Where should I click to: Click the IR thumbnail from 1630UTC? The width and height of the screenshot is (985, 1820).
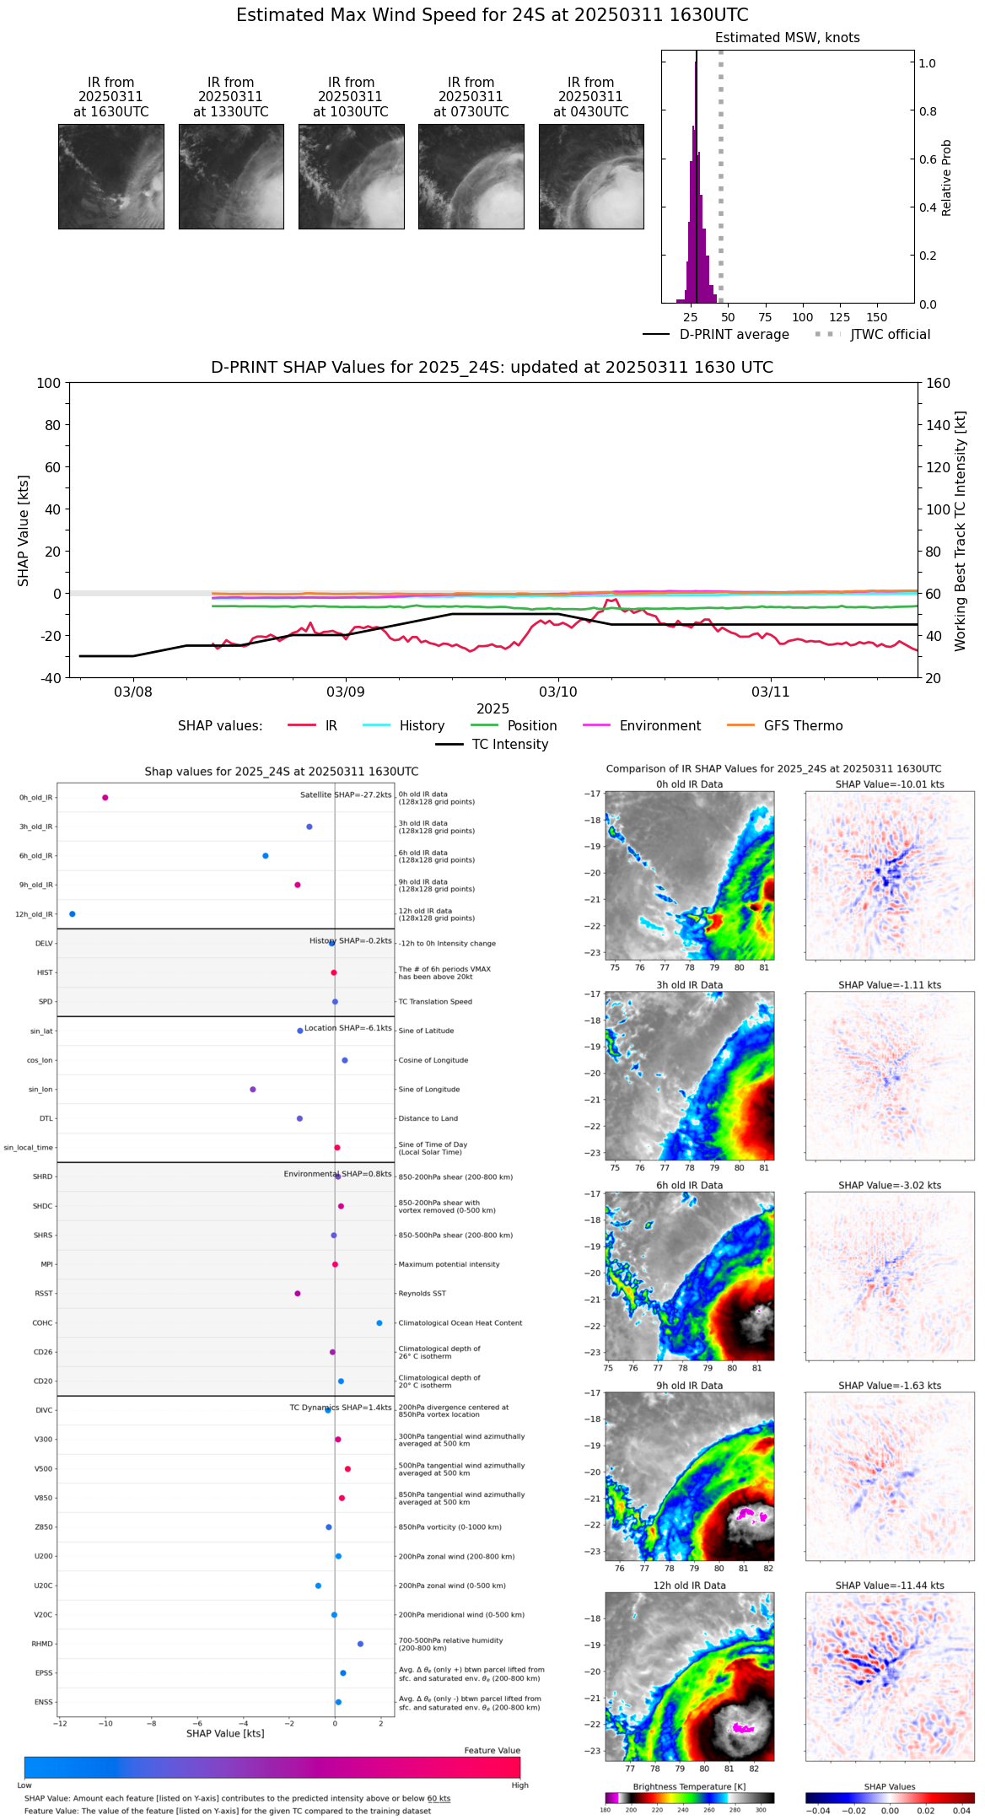click(x=110, y=176)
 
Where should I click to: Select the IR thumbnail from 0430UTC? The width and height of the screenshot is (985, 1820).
click(x=591, y=176)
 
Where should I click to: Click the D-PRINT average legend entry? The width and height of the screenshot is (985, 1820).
click(x=716, y=335)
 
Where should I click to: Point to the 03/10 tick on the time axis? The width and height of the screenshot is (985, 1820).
click(x=557, y=692)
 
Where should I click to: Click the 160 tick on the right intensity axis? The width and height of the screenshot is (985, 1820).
click(x=938, y=383)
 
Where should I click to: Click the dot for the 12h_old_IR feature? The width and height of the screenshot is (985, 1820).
click(x=72, y=914)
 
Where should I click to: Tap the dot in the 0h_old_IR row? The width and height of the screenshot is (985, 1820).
click(x=105, y=798)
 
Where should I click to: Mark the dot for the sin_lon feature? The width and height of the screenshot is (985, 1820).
click(x=253, y=1090)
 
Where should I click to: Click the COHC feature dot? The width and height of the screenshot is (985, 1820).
click(x=379, y=1323)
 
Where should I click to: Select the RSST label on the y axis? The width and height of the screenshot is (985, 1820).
click(x=43, y=1294)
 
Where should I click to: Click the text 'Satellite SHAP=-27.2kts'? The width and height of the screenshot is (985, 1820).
click(x=346, y=795)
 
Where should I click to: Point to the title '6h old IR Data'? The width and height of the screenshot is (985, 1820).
click(x=689, y=1185)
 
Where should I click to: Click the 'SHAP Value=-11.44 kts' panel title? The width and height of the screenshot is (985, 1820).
click(x=890, y=1586)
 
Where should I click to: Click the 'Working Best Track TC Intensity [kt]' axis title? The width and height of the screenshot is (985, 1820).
click(x=961, y=531)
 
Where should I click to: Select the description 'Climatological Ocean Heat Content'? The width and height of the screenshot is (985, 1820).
click(x=460, y=1323)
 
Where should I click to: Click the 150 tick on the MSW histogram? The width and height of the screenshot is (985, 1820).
click(x=877, y=318)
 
